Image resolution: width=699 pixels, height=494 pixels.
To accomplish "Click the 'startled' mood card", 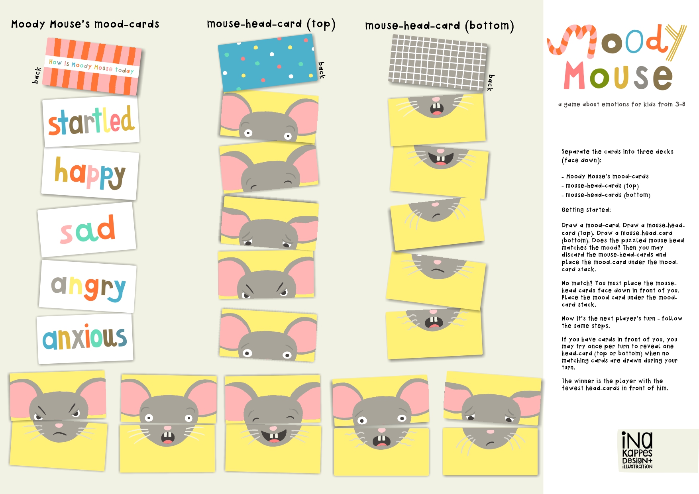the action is click(x=91, y=122).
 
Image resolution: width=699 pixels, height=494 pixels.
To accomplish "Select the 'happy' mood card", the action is click(x=90, y=174).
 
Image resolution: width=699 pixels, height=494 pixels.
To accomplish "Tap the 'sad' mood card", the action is click(x=87, y=229).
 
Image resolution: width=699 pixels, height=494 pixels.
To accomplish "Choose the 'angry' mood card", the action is click(x=88, y=286).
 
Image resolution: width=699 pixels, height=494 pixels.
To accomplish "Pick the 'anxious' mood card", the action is click(x=85, y=339).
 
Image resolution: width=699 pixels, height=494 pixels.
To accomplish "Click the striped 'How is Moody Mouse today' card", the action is click(x=92, y=67).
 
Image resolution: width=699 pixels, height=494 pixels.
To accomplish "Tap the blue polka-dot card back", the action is click(x=267, y=63).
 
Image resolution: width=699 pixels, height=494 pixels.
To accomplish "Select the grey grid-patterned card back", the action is click(x=438, y=62).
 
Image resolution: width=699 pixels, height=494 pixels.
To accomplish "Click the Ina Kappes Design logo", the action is click(x=637, y=451).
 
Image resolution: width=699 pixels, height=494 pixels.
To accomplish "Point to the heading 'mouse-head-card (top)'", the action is click(x=271, y=24).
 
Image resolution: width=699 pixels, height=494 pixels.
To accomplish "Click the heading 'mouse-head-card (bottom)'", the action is click(x=440, y=26).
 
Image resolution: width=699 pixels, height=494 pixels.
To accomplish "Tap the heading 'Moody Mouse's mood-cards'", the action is click(x=85, y=24).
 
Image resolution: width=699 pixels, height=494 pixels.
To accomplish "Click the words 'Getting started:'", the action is click(x=586, y=210).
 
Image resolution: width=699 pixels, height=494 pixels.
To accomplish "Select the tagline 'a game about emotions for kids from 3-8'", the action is click(x=622, y=104).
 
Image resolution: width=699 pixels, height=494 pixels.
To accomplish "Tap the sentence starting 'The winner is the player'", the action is click(x=615, y=384).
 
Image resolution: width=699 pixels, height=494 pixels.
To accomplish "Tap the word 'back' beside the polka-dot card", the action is click(x=322, y=70).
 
